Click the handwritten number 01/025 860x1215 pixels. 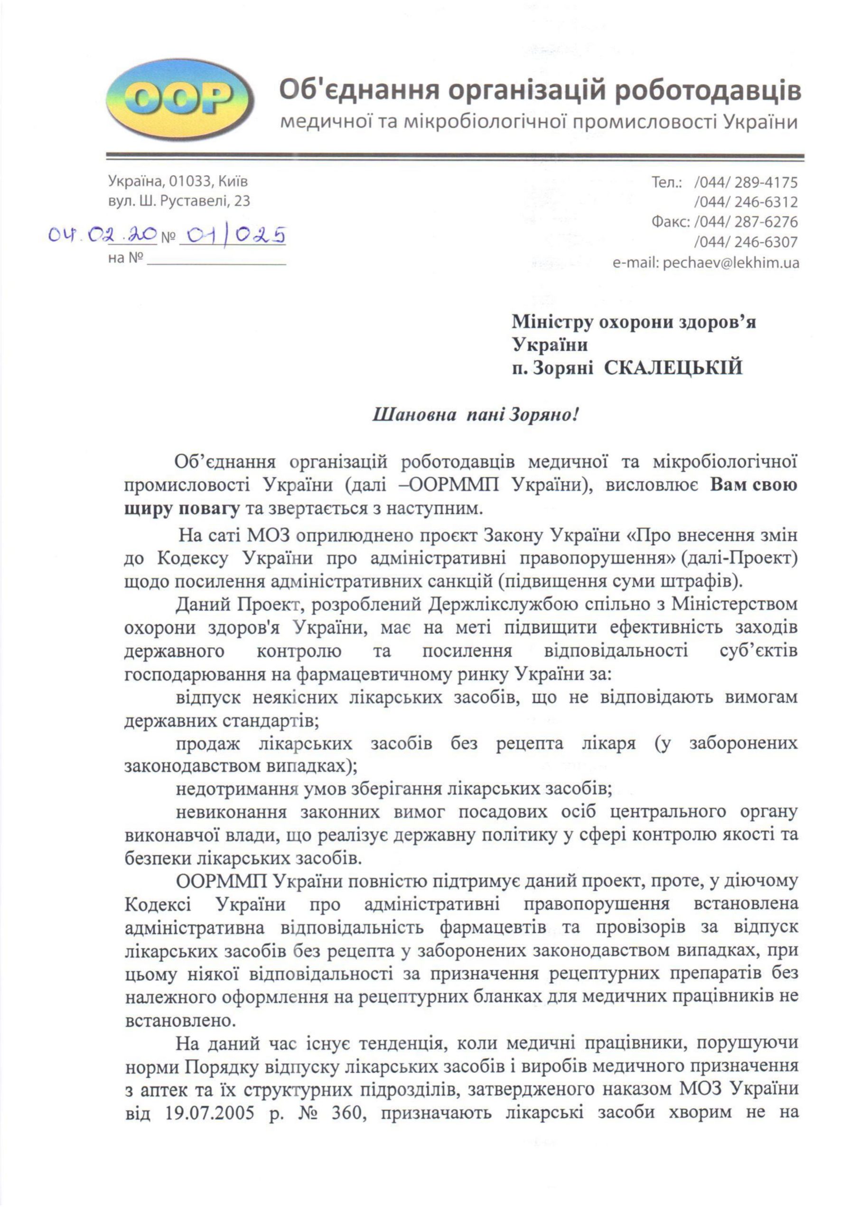click(x=233, y=234)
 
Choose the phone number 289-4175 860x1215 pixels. click(x=766, y=183)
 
